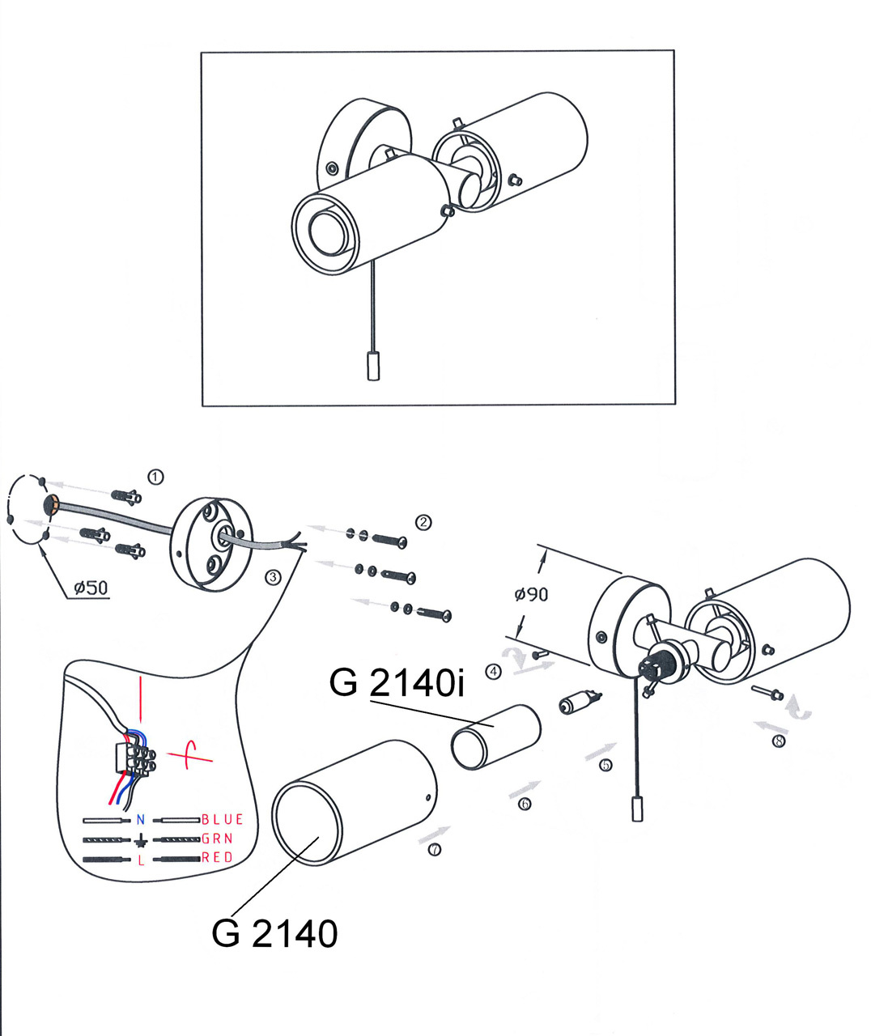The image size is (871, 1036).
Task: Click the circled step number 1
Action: tap(155, 477)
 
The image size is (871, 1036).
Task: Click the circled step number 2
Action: tap(423, 523)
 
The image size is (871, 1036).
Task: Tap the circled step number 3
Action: tap(273, 577)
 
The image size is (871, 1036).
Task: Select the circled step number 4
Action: tap(494, 671)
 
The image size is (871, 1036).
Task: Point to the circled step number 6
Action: tap(525, 804)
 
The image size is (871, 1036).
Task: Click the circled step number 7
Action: tap(435, 850)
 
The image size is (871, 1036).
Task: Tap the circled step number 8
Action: tap(779, 740)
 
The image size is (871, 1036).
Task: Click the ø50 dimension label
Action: tap(91, 588)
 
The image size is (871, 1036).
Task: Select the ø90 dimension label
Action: tap(531, 594)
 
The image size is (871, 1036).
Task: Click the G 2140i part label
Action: tap(397, 683)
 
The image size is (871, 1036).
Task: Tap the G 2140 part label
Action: tap(274, 934)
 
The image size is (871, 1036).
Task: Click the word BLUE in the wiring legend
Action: tap(223, 820)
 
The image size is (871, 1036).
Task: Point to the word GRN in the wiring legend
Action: tap(218, 839)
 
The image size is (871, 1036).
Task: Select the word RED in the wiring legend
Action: tap(218, 858)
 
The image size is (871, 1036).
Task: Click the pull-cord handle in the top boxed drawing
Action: tap(373, 367)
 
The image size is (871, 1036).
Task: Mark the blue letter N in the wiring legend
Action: tap(141, 820)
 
